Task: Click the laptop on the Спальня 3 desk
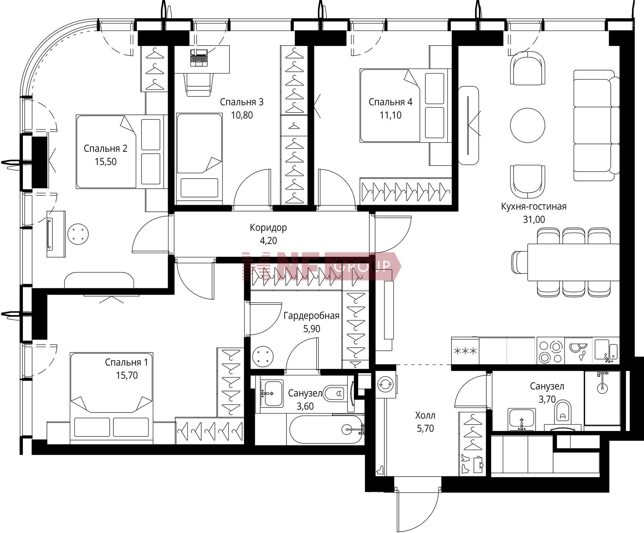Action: (x=199, y=58)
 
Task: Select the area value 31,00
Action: (x=534, y=220)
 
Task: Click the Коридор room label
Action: (x=268, y=228)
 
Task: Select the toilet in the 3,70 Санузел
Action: (x=563, y=411)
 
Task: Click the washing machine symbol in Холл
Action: (x=386, y=384)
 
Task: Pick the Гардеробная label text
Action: (x=312, y=316)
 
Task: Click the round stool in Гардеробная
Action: (x=263, y=357)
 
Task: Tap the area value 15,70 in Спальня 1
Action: (x=127, y=375)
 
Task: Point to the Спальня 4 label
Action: (x=390, y=102)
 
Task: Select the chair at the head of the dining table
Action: (x=520, y=262)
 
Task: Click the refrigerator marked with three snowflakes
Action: (x=465, y=351)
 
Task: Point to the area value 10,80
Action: (x=242, y=115)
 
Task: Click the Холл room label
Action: (x=425, y=416)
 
